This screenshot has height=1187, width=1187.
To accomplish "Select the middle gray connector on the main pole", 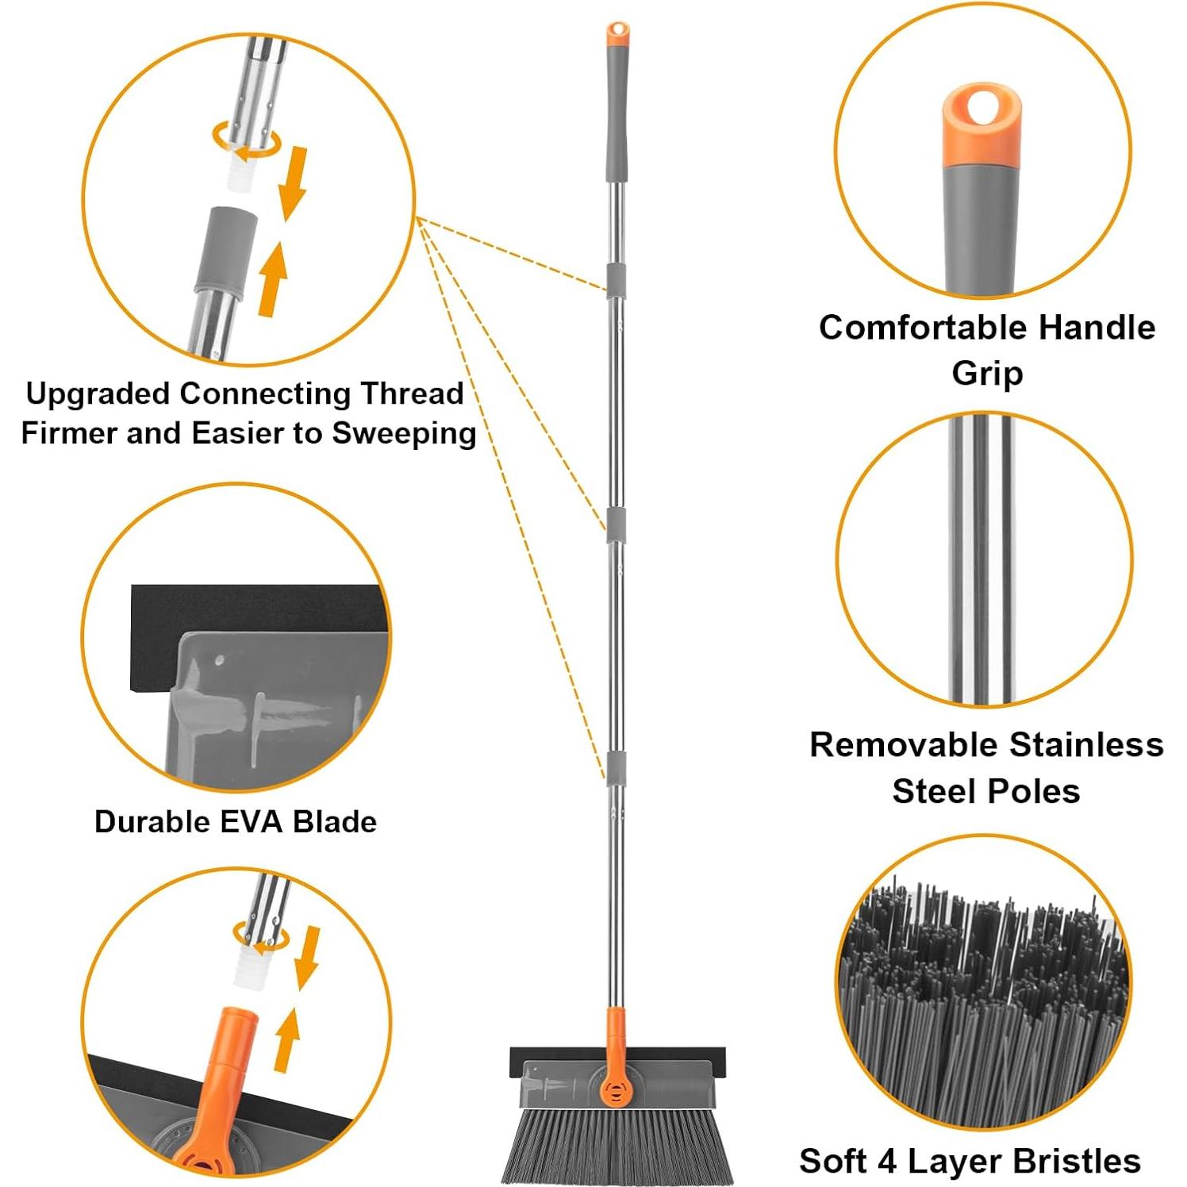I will (x=617, y=525).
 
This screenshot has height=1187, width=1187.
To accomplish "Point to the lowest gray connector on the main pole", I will (x=617, y=767).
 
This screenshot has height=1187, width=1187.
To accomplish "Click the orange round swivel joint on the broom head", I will (x=615, y=1089).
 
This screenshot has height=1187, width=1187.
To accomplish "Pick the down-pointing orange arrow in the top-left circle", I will (x=291, y=182).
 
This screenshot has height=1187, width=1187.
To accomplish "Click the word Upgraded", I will (x=97, y=394).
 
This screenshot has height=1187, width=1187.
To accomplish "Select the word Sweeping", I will (x=404, y=433).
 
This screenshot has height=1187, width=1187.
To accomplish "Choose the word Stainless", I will (x=1086, y=745).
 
